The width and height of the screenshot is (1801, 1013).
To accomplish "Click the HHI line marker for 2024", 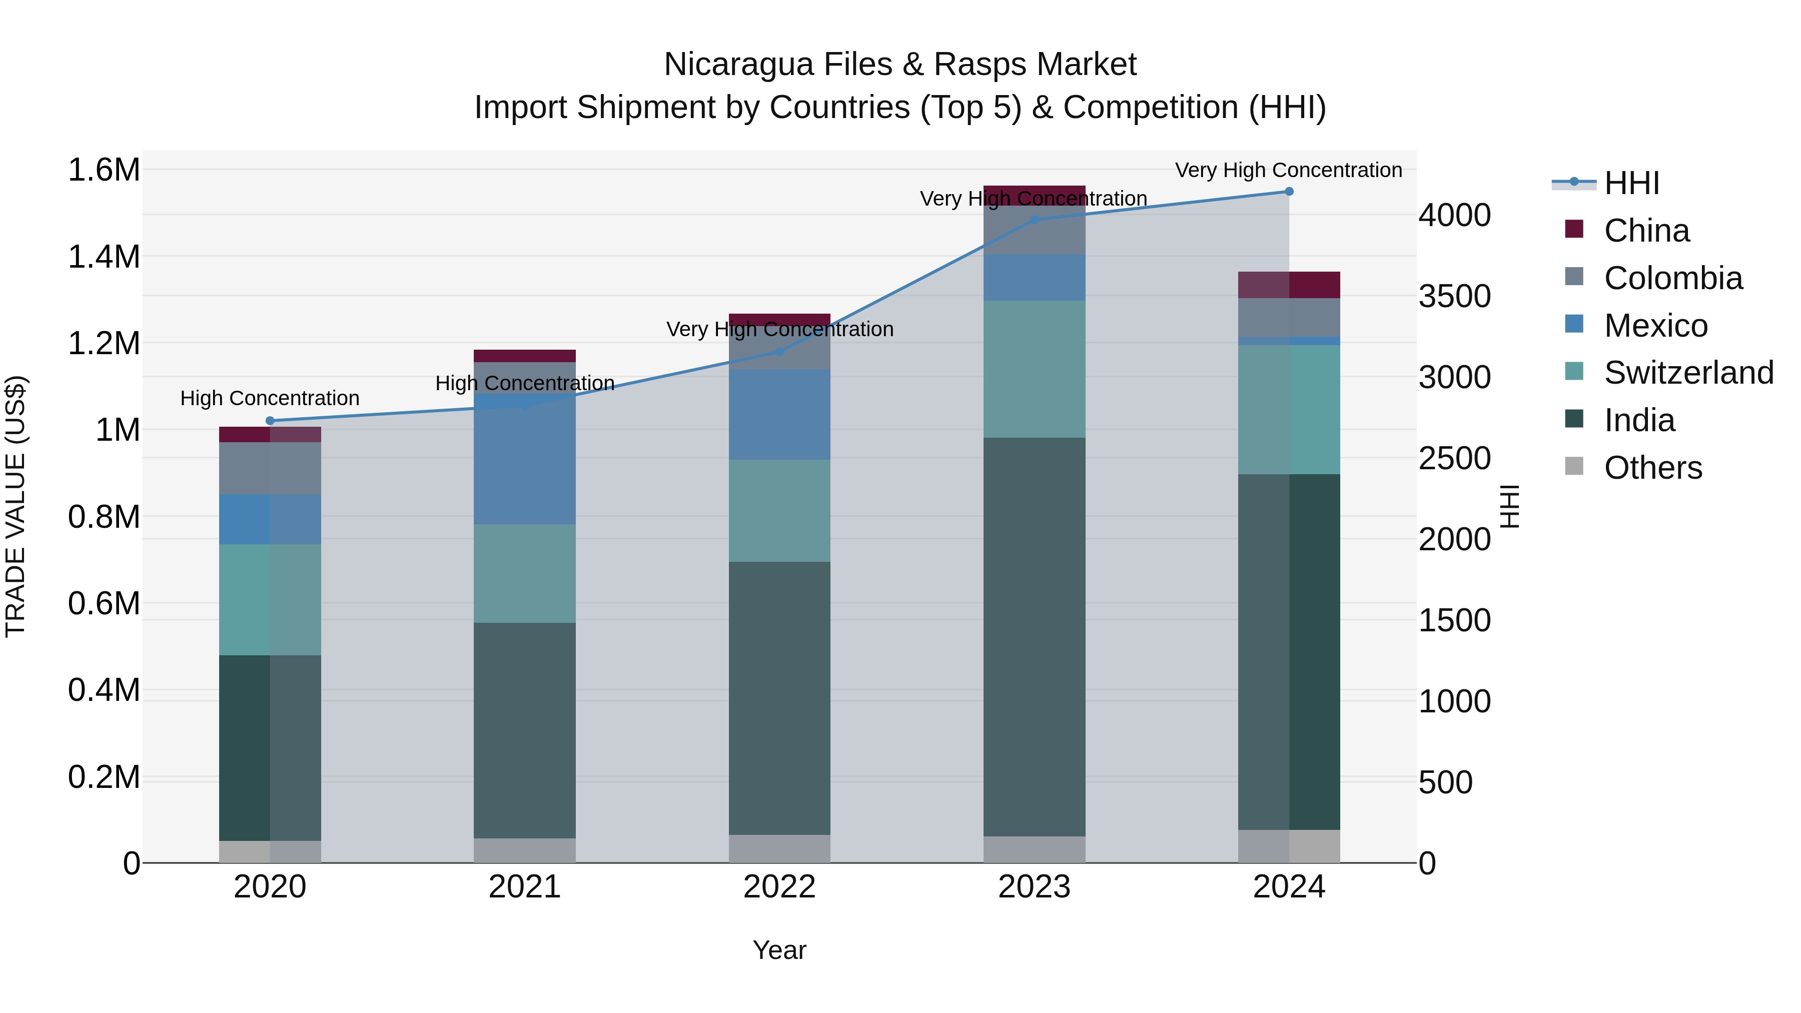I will (1289, 192).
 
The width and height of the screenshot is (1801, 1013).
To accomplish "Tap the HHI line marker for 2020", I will (270, 421).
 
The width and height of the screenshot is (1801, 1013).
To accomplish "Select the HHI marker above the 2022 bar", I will (779, 352).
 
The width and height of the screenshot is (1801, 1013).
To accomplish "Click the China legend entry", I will (1646, 231).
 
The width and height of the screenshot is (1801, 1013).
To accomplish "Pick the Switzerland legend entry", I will (1688, 373).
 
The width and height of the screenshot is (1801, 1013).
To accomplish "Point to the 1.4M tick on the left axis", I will (104, 257).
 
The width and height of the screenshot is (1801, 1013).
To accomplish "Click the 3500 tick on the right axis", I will (1454, 297).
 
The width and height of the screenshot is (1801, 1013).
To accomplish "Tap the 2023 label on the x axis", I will (1034, 887).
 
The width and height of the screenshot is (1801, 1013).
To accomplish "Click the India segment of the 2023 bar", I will (1034, 636).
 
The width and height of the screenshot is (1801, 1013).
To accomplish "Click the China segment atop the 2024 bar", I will (1289, 285).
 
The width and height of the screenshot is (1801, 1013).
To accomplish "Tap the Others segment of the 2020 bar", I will (270, 851).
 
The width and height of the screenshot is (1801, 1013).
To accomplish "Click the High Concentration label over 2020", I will (270, 399).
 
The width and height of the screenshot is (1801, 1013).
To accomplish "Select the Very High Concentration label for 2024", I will (1289, 171).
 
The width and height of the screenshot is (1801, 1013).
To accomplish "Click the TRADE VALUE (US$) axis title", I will (16, 506).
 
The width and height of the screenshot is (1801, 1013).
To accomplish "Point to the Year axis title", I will (779, 950).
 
